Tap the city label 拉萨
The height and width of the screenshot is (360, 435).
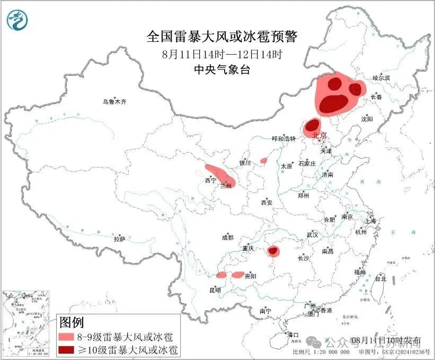pyautogui.click(x=119, y=239)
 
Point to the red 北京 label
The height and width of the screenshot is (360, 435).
pyautogui.click(x=320, y=135)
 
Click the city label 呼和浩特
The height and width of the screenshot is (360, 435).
pyautogui.click(x=283, y=139)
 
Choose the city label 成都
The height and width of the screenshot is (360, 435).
pyautogui.click(x=228, y=238)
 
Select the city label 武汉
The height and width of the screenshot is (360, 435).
pyautogui.click(x=312, y=234)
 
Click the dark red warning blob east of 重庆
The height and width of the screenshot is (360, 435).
pyautogui.click(x=274, y=251)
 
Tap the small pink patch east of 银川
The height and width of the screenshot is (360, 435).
pyautogui.click(x=263, y=160)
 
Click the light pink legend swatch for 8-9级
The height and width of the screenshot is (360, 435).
pyautogui.click(x=71, y=337)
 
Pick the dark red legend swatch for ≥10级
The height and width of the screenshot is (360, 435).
pyautogui.click(x=71, y=350)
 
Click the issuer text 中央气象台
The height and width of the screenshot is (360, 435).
pyautogui.click(x=222, y=70)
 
